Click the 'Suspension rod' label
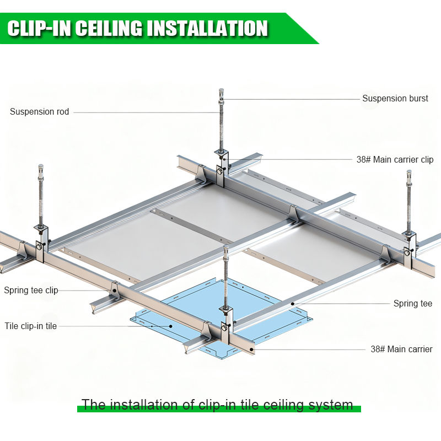point(40,112)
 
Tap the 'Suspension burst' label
point(395,99)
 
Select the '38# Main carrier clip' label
point(395,160)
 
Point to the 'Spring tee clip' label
point(31,291)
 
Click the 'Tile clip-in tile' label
point(31,326)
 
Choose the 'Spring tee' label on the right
point(412,304)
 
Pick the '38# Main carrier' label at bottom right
point(401,349)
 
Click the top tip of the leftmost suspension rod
point(41,166)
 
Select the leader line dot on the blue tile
point(171,326)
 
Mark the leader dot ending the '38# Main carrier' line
point(253,349)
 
